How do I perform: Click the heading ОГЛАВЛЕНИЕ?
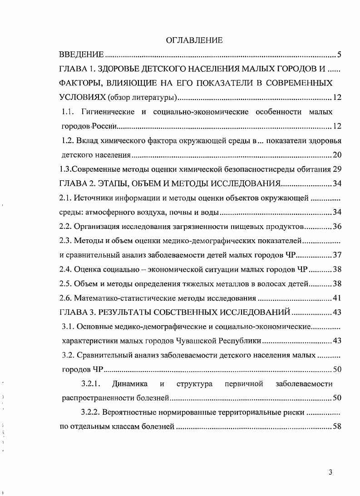pyautogui.click(x=194, y=40)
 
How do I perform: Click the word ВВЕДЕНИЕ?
pyautogui.click(x=82, y=55)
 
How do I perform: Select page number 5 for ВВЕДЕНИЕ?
pyautogui.click(x=339, y=55)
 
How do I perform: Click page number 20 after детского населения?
pyautogui.click(x=337, y=155)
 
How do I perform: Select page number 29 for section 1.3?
pyautogui.click(x=337, y=169)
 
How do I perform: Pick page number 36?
pyautogui.click(x=337, y=226)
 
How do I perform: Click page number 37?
pyautogui.click(x=337, y=254)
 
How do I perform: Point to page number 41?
pyautogui.click(x=337, y=298)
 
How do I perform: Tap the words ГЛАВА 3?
pyautogui.click(x=79, y=312)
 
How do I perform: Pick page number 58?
pyautogui.click(x=337, y=427)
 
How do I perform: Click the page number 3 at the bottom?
pyautogui.click(x=331, y=472)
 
